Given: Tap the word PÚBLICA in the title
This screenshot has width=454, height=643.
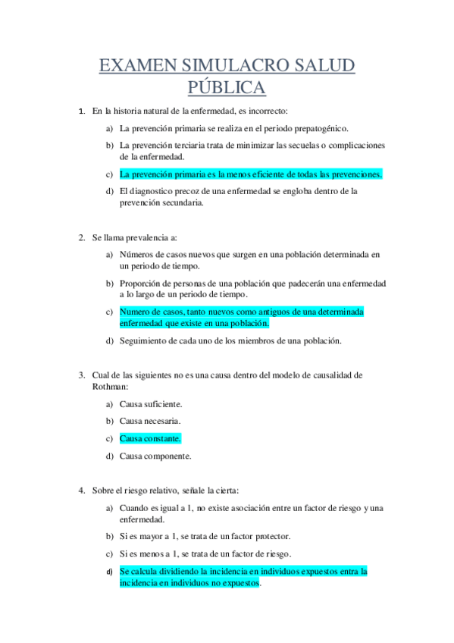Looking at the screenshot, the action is (227, 88).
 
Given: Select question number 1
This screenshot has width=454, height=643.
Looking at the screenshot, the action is (82, 111).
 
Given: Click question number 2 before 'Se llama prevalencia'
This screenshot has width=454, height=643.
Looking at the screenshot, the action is (82, 237).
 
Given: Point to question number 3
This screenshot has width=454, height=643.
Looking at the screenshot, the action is (82, 374).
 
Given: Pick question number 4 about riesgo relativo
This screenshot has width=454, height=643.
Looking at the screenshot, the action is (82, 491).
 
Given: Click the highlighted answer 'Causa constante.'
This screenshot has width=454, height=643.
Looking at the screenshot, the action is (150, 438).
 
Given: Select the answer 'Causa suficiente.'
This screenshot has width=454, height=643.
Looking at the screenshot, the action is (151, 403).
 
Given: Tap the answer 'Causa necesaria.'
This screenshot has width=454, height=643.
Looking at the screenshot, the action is (150, 421).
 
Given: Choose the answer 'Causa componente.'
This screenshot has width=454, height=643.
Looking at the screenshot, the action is (155, 456).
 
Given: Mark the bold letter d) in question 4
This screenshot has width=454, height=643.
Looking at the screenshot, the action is (109, 572).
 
